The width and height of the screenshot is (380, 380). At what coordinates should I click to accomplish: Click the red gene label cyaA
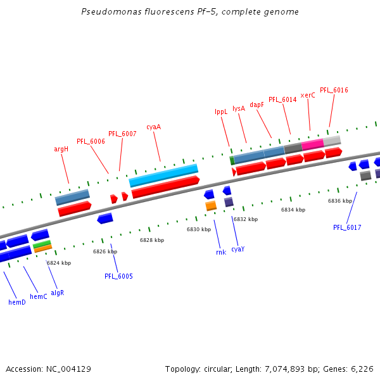click(x=154, y=127)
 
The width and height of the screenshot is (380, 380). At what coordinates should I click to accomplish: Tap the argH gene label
click(x=61, y=149)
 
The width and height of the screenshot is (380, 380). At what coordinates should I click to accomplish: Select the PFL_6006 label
click(x=91, y=141)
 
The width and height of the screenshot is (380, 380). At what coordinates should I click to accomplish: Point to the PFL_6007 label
click(x=122, y=134)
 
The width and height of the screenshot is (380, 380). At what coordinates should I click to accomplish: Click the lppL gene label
click(x=221, y=112)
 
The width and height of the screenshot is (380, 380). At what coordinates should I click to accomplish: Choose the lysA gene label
click(x=239, y=108)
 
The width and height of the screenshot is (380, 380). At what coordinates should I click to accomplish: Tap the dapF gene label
click(x=256, y=104)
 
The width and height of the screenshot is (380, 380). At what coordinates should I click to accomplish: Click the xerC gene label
click(x=308, y=95)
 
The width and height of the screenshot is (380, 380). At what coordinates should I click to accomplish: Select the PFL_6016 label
click(x=334, y=90)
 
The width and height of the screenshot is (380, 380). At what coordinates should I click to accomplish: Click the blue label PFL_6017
click(x=347, y=227)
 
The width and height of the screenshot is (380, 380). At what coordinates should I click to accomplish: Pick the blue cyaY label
click(x=237, y=249)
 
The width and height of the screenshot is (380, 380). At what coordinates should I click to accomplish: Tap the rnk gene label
click(x=221, y=252)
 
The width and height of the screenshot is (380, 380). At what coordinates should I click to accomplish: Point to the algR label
click(x=58, y=293)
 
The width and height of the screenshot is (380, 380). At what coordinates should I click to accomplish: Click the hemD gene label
click(x=17, y=302)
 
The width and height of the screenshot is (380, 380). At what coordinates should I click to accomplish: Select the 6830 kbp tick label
click(x=198, y=229)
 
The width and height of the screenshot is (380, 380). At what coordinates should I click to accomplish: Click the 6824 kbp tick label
click(x=59, y=263)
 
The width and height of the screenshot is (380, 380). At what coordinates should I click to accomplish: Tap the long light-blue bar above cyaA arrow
click(x=163, y=175)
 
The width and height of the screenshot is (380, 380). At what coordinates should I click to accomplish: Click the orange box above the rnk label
click(x=211, y=206)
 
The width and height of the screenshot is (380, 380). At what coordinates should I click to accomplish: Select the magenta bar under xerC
click(x=313, y=145)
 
